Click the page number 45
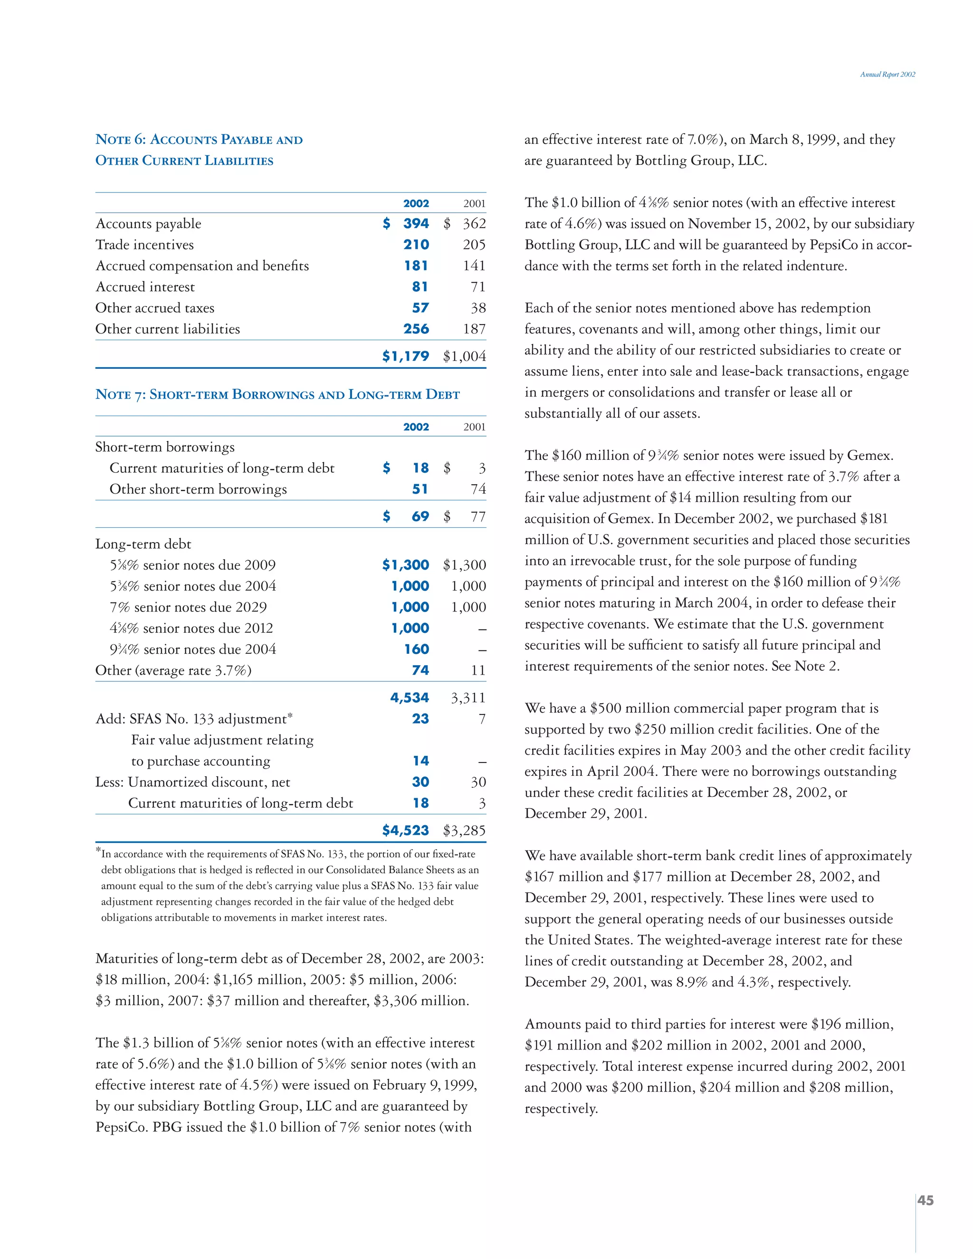pos(925,1201)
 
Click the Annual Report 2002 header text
pos(887,75)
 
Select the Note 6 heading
pos(199,150)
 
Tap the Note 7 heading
pos(277,395)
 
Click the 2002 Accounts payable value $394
pos(406,224)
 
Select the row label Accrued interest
pos(145,287)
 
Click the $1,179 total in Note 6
pos(406,356)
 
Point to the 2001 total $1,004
pos(464,356)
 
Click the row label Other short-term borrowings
pos(198,489)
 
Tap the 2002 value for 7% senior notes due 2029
pos(410,607)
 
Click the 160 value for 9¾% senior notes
pos(416,649)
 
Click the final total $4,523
pos(406,830)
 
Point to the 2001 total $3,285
pos(464,830)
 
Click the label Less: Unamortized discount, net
pos(192,782)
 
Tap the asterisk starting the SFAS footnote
pos(98,850)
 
